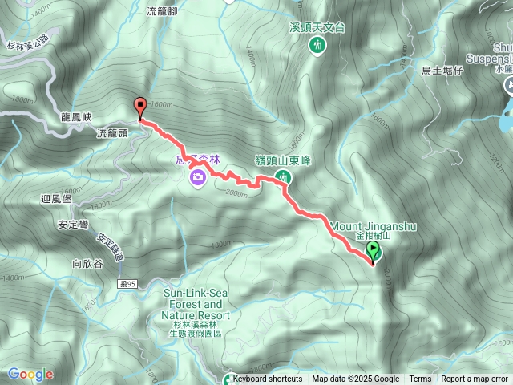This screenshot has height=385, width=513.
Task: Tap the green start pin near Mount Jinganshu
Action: (373, 253)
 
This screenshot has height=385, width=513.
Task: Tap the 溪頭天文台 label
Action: (317, 27)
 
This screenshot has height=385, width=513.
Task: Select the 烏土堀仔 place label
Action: (442, 71)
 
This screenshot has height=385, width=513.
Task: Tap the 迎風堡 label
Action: (55, 197)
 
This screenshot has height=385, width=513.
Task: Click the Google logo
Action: (30, 374)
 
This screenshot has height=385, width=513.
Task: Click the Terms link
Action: (420, 379)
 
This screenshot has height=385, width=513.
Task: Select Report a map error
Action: (475, 379)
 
